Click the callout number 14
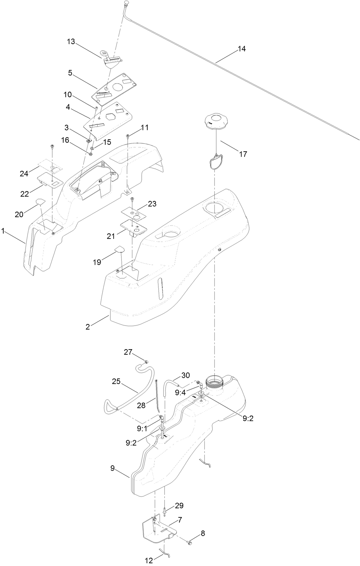tap(241, 49)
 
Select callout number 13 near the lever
tap(71, 42)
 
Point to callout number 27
tap(128, 352)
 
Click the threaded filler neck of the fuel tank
tap(215, 382)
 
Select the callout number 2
tap(88, 327)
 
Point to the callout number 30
tap(185, 375)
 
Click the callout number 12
tap(149, 561)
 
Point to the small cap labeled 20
tap(40, 201)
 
